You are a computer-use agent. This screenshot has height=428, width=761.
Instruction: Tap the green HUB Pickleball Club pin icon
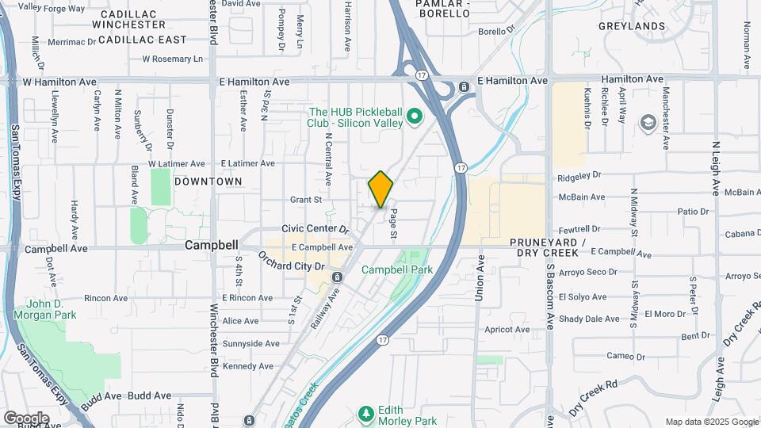click(413, 119)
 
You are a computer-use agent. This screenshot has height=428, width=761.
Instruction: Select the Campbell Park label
click(397, 269)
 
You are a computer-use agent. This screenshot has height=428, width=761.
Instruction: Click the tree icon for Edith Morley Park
click(365, 413)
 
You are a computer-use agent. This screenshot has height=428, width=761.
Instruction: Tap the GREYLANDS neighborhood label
click(632, 26)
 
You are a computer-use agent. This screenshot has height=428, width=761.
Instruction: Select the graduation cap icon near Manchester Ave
click(648, 122)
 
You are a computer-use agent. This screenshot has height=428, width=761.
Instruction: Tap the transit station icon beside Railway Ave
click(337, 277)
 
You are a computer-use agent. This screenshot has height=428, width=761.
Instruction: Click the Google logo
click(26, 418)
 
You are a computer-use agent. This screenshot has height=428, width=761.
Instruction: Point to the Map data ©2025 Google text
click(711, 422)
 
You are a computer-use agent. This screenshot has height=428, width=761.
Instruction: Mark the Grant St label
click(306, 200)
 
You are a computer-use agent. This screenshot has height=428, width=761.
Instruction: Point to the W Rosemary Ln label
click(172, 59)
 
